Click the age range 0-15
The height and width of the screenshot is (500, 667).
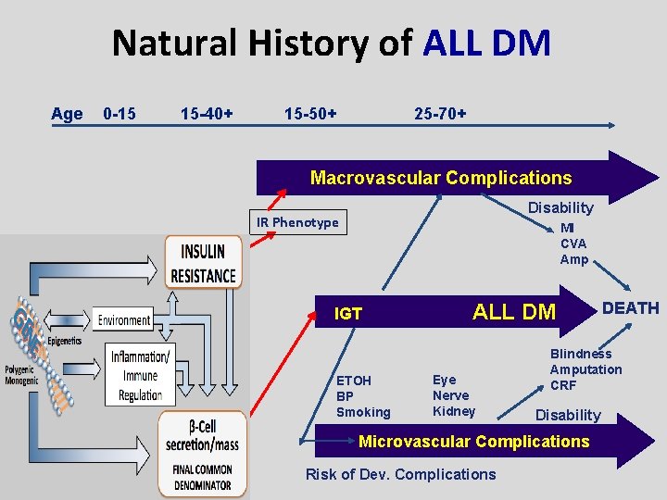coord(120,114)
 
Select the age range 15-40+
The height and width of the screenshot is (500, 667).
coord(207,114)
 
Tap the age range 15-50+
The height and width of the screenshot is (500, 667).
coord(310,114)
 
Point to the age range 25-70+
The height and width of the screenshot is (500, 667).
coord(440,114)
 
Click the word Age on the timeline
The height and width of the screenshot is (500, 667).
coord(67,114)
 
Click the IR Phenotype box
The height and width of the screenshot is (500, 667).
coord(298,222)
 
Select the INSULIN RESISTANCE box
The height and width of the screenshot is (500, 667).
coord(204,262)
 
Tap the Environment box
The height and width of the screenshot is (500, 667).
coord(124,320)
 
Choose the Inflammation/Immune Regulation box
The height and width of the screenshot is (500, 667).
coord(139,376)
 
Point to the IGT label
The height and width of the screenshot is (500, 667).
coord(348,315)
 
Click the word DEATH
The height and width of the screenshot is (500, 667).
coord(631,308)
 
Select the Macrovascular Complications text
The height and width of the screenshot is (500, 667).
coord(441,178)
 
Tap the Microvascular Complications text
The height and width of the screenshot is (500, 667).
coord(473,442)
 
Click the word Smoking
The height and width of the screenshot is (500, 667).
coord(363,412)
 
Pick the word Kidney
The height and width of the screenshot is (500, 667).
coord(454,411)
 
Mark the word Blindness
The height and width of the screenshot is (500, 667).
coord(581,354)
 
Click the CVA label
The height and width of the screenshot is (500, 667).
coord(573,244)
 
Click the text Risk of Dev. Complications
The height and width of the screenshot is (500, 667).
coord(400,475)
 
